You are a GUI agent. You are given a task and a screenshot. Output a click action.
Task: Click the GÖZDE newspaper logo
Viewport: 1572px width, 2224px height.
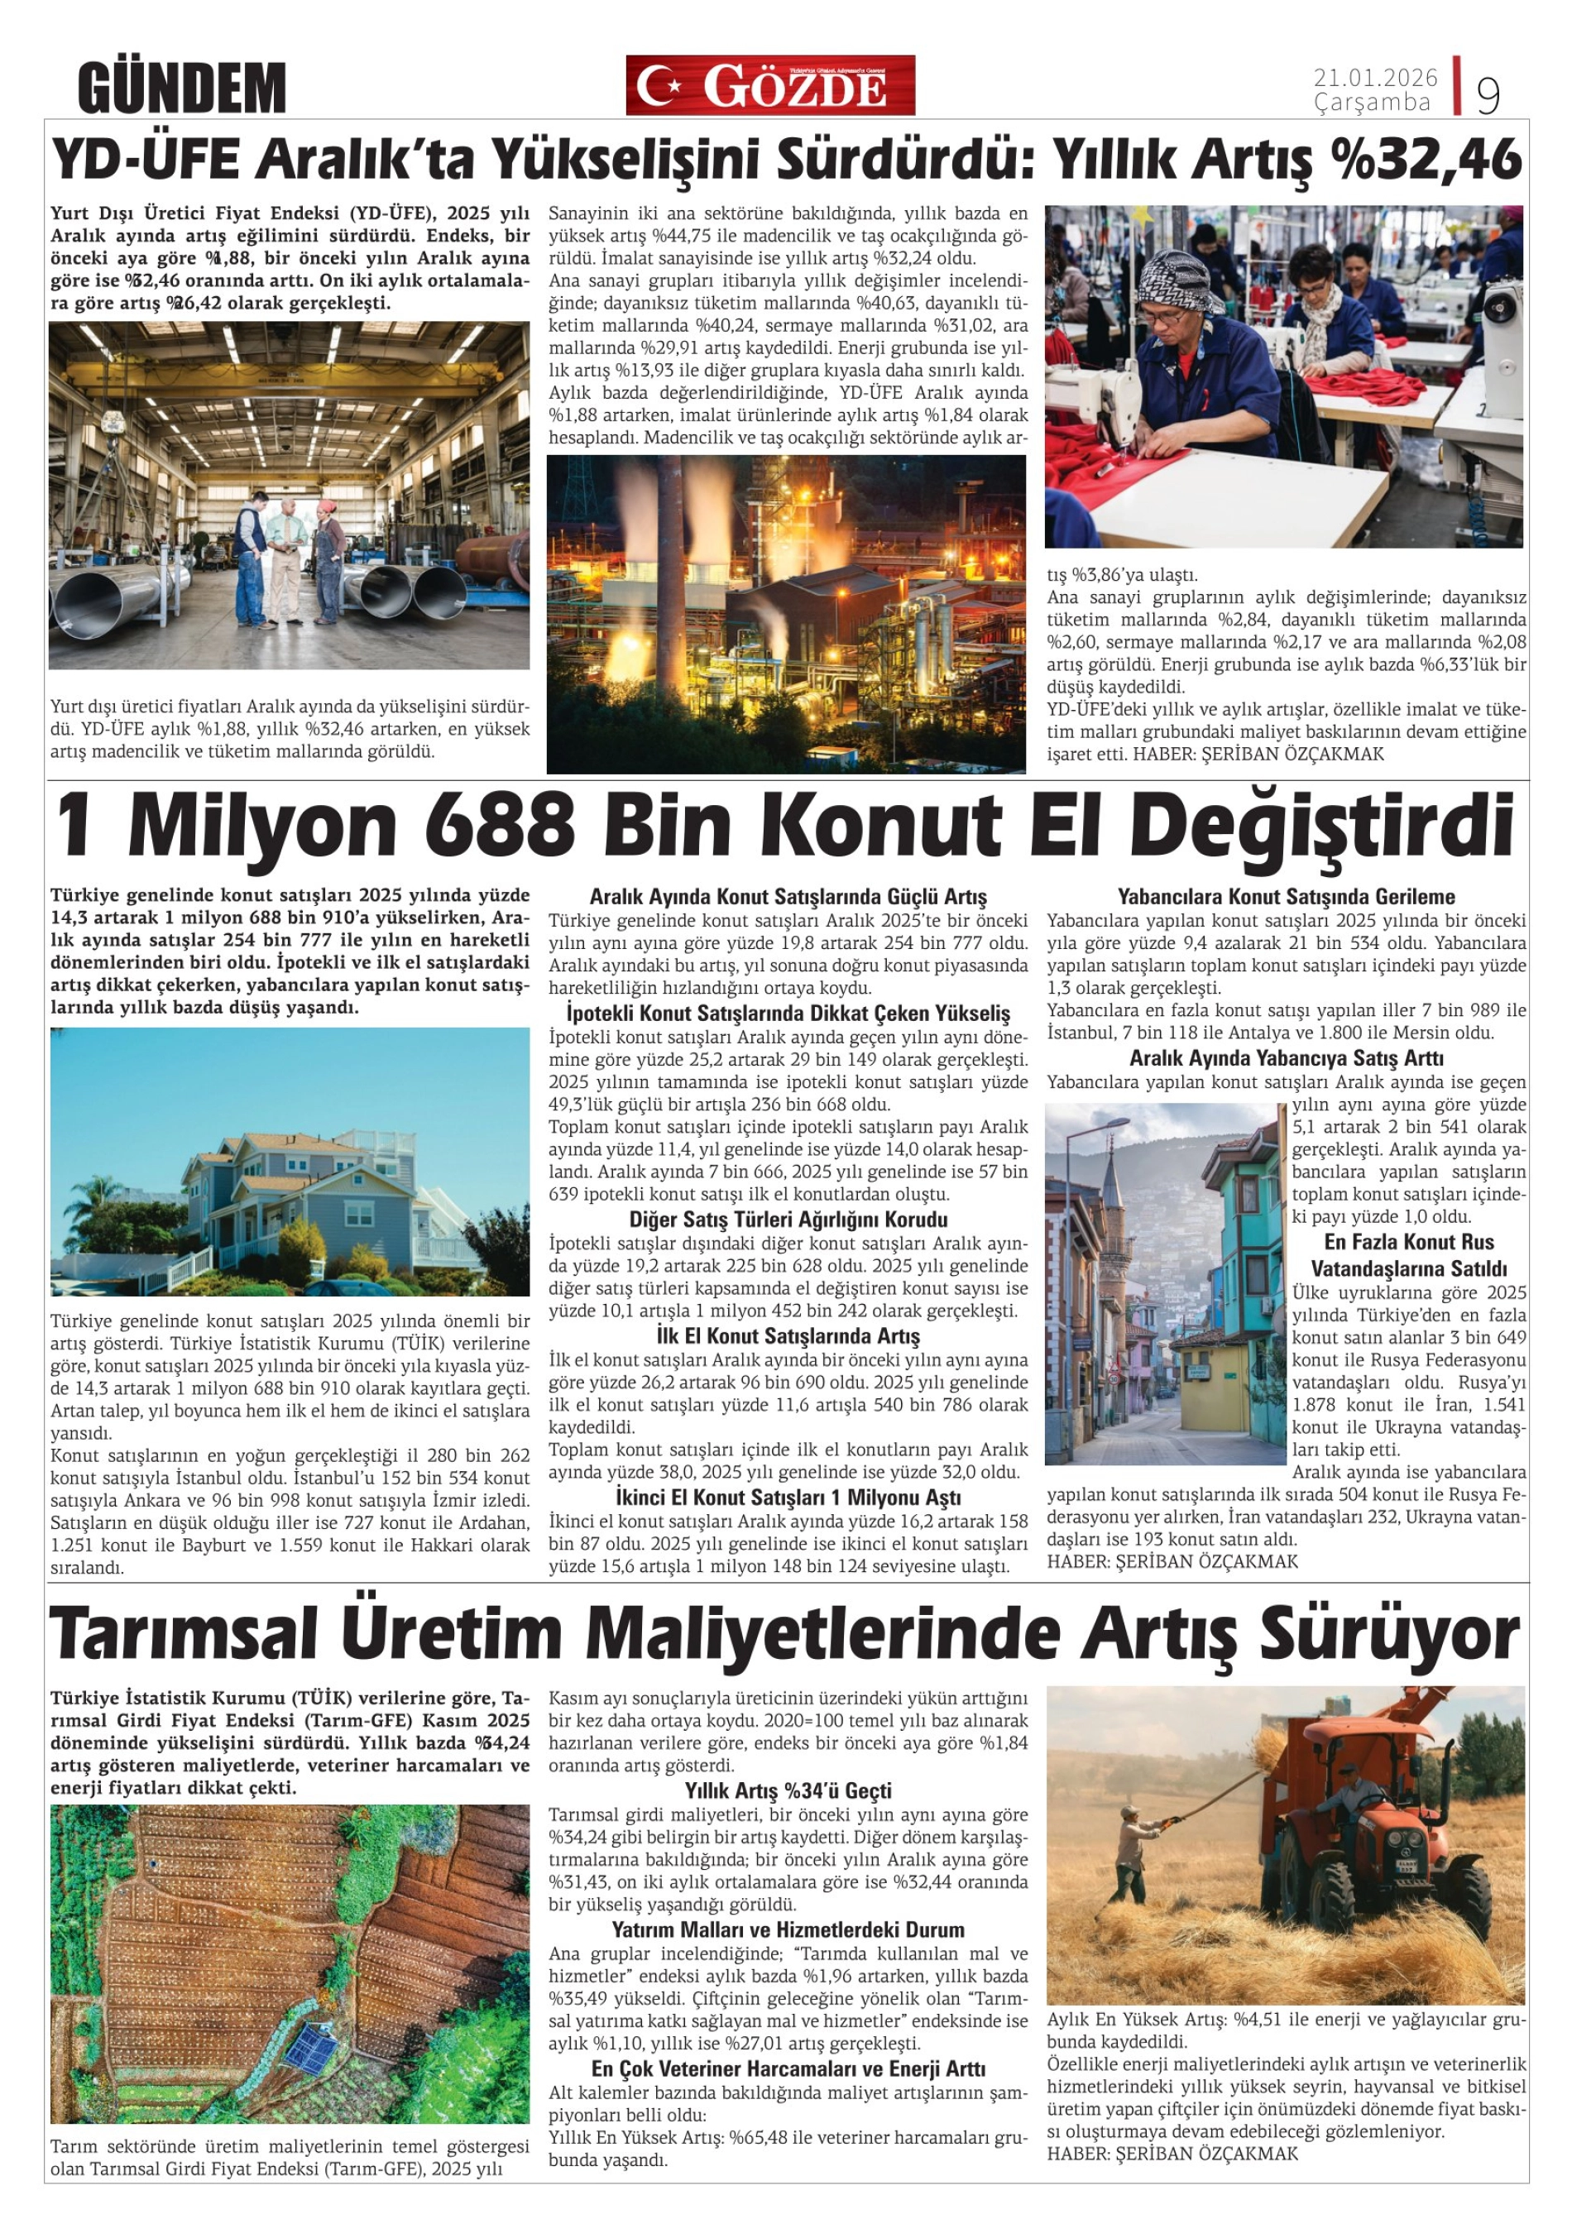tap(770, 85)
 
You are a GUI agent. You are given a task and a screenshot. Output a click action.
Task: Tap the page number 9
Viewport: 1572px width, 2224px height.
tap(1487, 94)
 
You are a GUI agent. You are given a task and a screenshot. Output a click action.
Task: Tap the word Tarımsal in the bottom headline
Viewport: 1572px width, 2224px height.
tap(184, 1634)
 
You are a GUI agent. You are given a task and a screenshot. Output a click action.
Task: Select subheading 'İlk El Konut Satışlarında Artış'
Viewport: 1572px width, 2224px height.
tap(788, 1337)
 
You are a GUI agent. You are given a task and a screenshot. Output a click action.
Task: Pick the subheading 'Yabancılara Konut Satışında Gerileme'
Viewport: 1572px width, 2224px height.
tap(1285, 897)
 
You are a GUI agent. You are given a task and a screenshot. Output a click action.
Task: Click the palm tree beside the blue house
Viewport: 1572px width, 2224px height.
tap(98, 1196)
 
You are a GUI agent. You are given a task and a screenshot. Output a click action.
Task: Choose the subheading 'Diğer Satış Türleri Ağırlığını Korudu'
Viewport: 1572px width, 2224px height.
tap(788, 1220)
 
